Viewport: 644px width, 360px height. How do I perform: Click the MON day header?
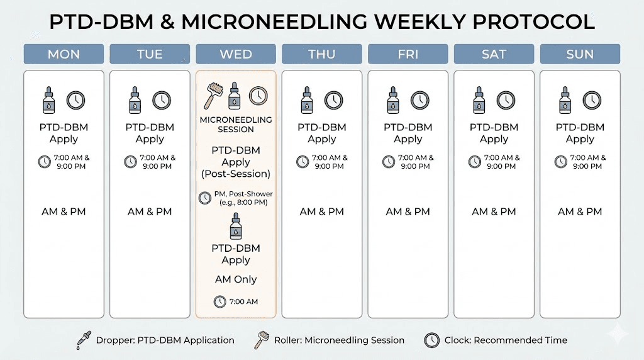coord(64,54)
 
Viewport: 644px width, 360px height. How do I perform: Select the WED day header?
coord(236,54)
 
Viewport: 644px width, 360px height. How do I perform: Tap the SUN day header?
coord(580,54)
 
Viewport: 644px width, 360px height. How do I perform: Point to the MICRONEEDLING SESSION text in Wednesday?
coord(236,125)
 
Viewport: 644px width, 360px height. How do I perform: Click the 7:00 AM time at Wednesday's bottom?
coord(243,302)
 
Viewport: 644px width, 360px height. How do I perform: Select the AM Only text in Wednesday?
coord(236,279)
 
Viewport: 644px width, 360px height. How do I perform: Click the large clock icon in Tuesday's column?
coord(162,100)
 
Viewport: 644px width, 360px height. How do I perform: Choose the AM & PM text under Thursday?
coord(322,211)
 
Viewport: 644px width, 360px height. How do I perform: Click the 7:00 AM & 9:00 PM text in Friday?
coord(414,162)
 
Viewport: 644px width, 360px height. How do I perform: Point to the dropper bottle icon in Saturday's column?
coord(479,100)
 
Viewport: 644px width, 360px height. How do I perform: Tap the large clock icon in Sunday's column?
coord(592,100)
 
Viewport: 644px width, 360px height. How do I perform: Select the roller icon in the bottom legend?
coord(260,340)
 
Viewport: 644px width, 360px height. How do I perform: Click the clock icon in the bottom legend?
coord(432,340)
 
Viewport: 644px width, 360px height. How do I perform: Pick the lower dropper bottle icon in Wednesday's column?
coord(236,227)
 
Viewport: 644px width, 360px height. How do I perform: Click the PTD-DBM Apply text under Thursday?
coord(322,133)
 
